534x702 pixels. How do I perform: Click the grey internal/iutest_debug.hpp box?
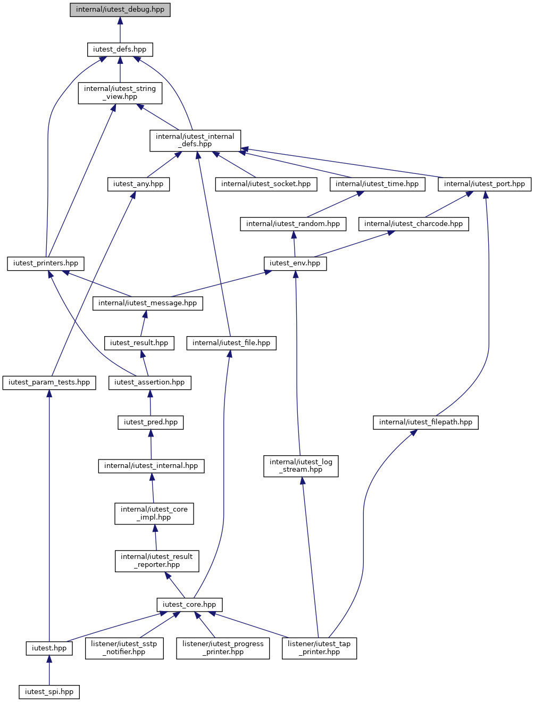point(120,10)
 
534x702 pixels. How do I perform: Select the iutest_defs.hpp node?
point(120,49)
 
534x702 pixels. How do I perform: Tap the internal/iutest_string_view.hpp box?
point(120,93)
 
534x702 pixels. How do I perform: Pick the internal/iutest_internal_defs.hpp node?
point(195,141)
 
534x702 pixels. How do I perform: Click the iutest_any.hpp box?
point(138,184)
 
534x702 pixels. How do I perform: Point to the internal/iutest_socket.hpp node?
point(266,184)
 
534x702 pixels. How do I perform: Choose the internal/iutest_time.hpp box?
point(377,184)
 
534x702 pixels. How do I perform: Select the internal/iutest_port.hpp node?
point(485,184)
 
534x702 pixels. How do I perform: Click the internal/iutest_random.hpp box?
point(293,224)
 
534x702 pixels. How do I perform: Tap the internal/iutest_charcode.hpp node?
point(413,224)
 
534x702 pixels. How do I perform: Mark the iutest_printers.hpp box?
point(46,264)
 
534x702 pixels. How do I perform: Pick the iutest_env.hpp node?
point(295,264)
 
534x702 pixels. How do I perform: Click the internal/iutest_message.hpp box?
point(148,303)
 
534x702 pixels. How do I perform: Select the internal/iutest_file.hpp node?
point(231,343)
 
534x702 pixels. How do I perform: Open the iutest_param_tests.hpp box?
point(49,383)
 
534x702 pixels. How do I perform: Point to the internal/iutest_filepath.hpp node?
point(425,422)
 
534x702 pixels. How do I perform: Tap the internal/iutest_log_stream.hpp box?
point(301,466)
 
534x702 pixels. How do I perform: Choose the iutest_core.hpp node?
point(189,605)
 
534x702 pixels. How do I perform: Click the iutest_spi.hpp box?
point(49,692)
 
